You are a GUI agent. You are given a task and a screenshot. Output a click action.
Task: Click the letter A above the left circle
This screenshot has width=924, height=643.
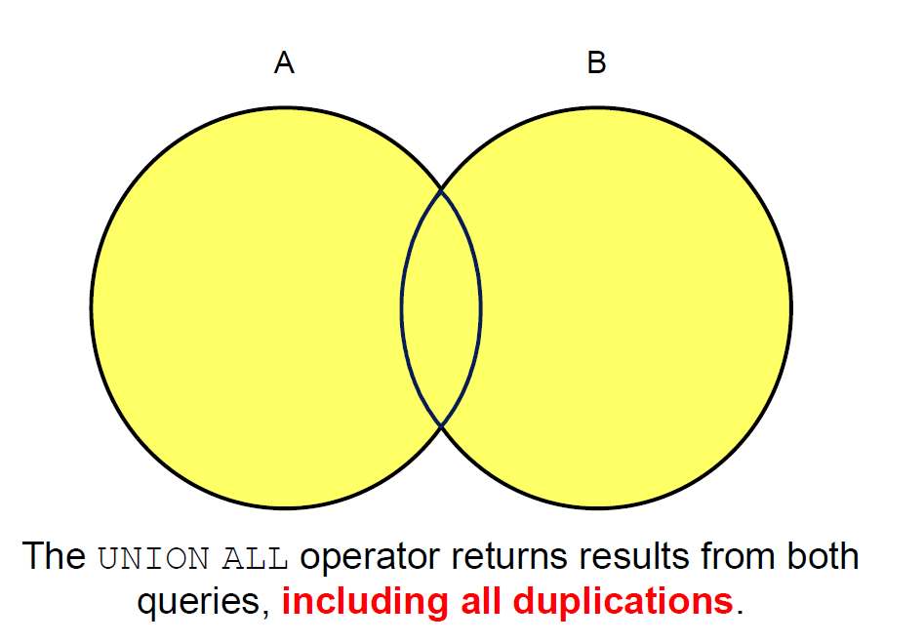coord(284,61)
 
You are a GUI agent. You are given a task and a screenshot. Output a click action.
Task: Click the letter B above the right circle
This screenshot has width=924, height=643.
coord(596,61)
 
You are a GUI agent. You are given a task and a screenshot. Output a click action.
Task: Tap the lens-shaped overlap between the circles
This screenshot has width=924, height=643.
coord(441,307)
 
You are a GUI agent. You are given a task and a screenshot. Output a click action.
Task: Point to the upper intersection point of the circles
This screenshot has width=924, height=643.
coord(441,189)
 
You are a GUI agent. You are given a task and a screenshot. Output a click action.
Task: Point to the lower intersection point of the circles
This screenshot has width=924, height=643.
coord(441,425)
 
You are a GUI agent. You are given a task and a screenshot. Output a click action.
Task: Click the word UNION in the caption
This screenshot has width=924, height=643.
coord(153,558)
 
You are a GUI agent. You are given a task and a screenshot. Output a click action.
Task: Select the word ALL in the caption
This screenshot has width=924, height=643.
coord(255,558)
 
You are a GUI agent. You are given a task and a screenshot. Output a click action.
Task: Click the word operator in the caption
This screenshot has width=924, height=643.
coord(370,557)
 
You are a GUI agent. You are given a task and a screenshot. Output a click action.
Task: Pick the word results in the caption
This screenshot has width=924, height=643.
coord(634,557)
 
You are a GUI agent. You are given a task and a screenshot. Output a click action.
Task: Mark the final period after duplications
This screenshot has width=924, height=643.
coord(741,613)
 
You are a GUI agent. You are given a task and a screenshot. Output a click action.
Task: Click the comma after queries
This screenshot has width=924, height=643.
coord(265,614)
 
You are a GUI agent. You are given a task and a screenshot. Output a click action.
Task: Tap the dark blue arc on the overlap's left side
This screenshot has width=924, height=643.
coord(402,307)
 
